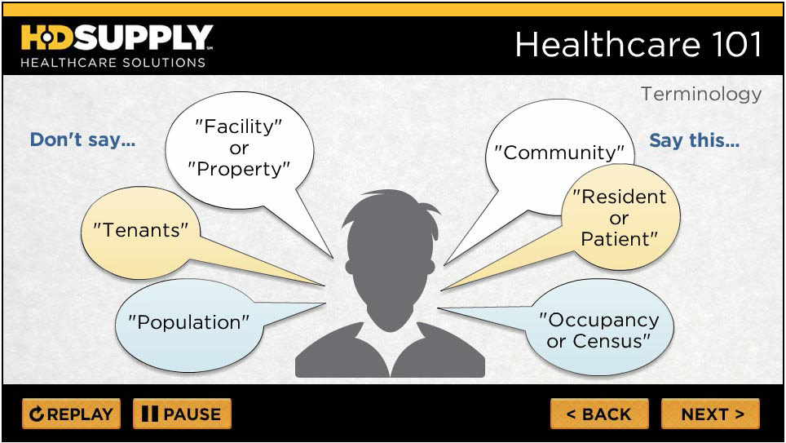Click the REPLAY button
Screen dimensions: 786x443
click(71, 414)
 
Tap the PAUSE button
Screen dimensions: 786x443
click(182, 414)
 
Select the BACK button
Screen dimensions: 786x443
click(599, 414)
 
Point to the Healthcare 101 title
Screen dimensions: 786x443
click(638, 44)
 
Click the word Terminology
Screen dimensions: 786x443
click(701, 94)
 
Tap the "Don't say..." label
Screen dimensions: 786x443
click(82, 140)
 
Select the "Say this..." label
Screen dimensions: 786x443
click(694, 140)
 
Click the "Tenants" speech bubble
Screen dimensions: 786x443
click(140, 231)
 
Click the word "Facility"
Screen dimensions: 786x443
click(238, 126)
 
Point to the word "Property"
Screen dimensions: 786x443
click(239, 169)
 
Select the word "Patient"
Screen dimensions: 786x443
click(619, 239)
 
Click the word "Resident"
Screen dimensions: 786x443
click(620, 197)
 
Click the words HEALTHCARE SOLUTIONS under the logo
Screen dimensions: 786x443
click(113, 63)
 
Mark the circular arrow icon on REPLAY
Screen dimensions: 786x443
click(36, 414)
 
